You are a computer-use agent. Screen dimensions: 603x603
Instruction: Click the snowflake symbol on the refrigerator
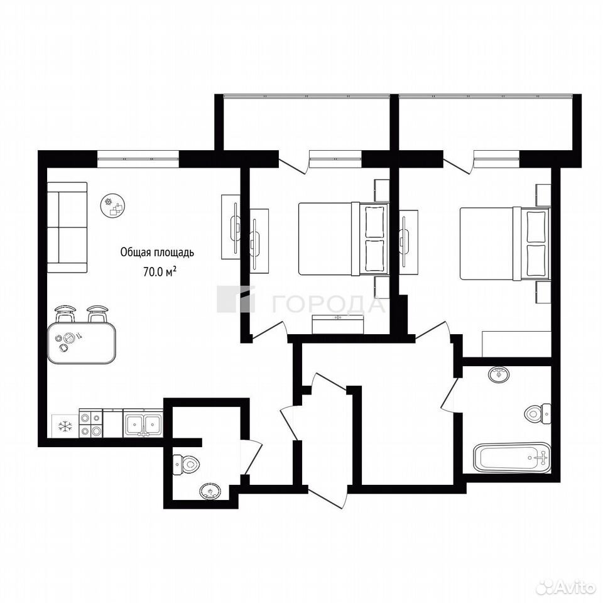click(65, 426)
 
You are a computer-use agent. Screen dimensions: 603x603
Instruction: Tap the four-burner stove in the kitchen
click(90, 423)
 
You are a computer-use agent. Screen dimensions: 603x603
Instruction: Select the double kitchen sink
click(143, 423)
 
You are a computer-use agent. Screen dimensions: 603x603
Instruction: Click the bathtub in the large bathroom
click(513, 457)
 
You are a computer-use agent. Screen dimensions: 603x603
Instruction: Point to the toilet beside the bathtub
click(538, 414)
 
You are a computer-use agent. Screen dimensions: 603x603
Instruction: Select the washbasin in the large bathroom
click(499, 374)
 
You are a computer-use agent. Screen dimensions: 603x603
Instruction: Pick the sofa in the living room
click(67, 227)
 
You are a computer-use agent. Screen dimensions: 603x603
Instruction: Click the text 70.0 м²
click(160, 271)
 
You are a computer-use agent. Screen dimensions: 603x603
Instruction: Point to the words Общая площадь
click(157, 253)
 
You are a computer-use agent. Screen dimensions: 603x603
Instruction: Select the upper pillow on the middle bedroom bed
click(374, 222)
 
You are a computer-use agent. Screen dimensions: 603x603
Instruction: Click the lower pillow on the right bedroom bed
click(537, 259)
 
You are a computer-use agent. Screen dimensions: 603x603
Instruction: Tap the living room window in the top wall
click(138, 159)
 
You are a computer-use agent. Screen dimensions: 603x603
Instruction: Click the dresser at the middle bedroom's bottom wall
click(338, 324)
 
